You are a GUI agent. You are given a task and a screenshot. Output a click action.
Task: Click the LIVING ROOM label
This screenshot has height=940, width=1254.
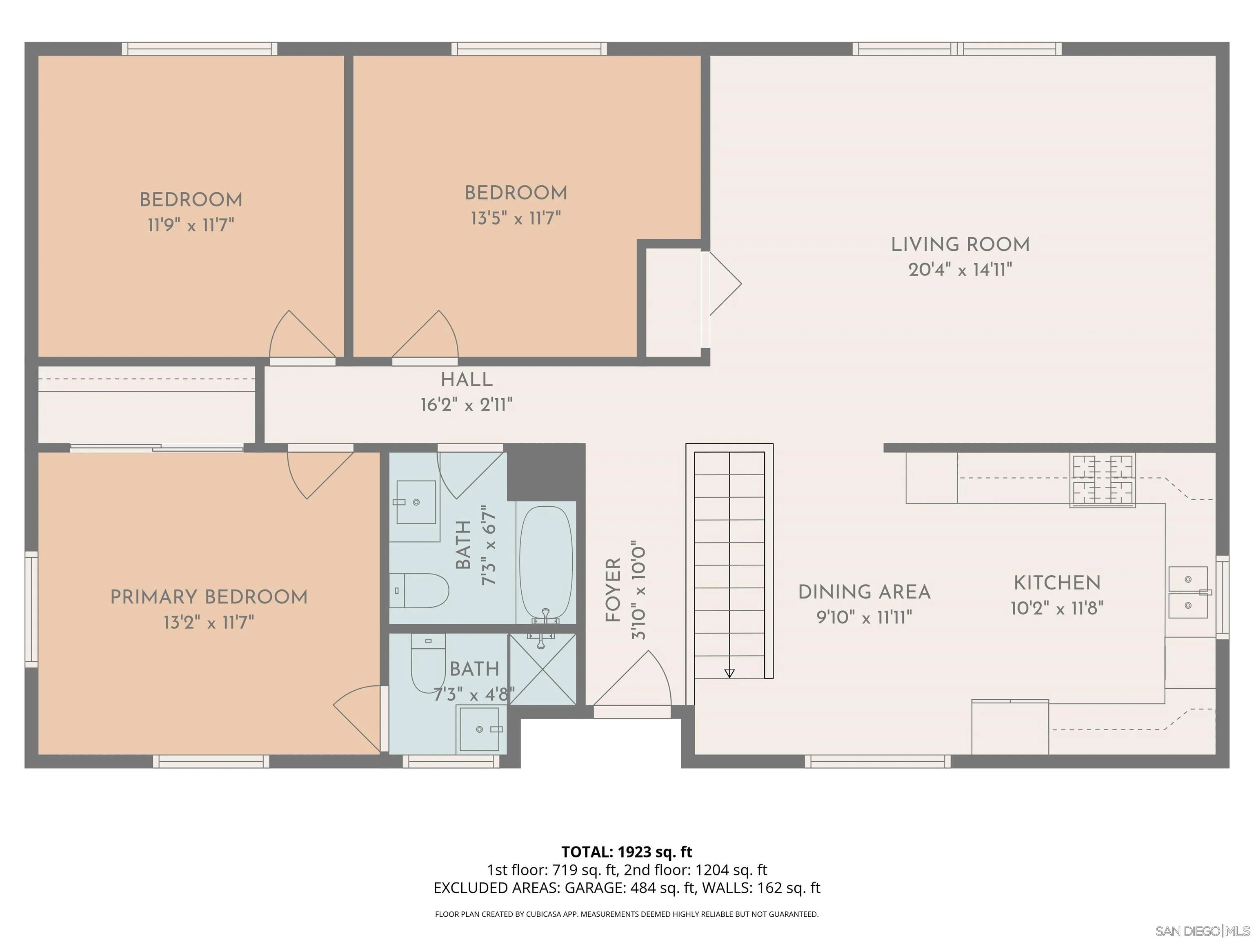[960, 244]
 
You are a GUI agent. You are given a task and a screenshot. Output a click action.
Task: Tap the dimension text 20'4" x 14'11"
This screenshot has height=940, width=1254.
[960, 270]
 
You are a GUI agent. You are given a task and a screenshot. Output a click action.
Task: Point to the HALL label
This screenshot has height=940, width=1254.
[467, 379]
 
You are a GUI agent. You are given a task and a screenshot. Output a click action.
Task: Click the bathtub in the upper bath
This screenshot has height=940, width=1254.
[545, 563]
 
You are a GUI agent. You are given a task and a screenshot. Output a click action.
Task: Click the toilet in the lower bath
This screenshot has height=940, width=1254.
[428, 663]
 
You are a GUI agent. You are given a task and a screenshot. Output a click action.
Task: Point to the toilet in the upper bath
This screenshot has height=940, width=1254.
[420, 590]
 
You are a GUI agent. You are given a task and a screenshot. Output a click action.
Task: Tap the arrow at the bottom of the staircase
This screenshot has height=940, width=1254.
[729, 673]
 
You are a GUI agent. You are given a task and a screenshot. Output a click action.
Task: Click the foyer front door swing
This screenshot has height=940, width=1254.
[635, 680]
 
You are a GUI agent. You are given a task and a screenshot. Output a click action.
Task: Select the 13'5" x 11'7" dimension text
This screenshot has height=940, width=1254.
[515, 218]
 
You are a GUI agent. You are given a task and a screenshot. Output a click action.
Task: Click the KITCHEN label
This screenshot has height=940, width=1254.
[1057, 583]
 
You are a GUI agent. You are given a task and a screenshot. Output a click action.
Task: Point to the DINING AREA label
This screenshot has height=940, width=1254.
[864, 592]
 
